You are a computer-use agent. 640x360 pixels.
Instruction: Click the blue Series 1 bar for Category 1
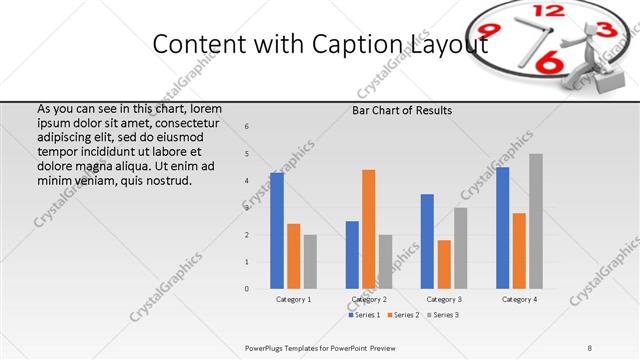click(277, 231)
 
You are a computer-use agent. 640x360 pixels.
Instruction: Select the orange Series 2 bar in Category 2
click(369, 229)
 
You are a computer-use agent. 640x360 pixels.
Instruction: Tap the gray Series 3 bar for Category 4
click(536, 222)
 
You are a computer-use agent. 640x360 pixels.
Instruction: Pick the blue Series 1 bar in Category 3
click(427, 241)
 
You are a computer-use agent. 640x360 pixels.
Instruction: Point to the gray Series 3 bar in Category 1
click(310, 262)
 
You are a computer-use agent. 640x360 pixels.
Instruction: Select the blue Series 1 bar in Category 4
click(502, 228)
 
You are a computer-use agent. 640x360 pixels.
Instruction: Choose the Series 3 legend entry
click(443, 315)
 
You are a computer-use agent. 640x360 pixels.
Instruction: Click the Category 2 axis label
click(369, 299)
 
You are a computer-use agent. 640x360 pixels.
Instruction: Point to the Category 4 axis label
click(519, 299)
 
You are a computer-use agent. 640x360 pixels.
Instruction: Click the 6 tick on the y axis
click(247, 127)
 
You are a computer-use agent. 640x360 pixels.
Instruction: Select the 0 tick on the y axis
click(247, 289)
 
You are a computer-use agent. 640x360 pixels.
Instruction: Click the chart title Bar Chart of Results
click(402, 110)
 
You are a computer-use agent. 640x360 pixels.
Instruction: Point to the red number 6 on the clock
click(547, 64)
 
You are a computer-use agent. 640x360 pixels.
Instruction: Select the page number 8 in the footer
click(590, 347)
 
